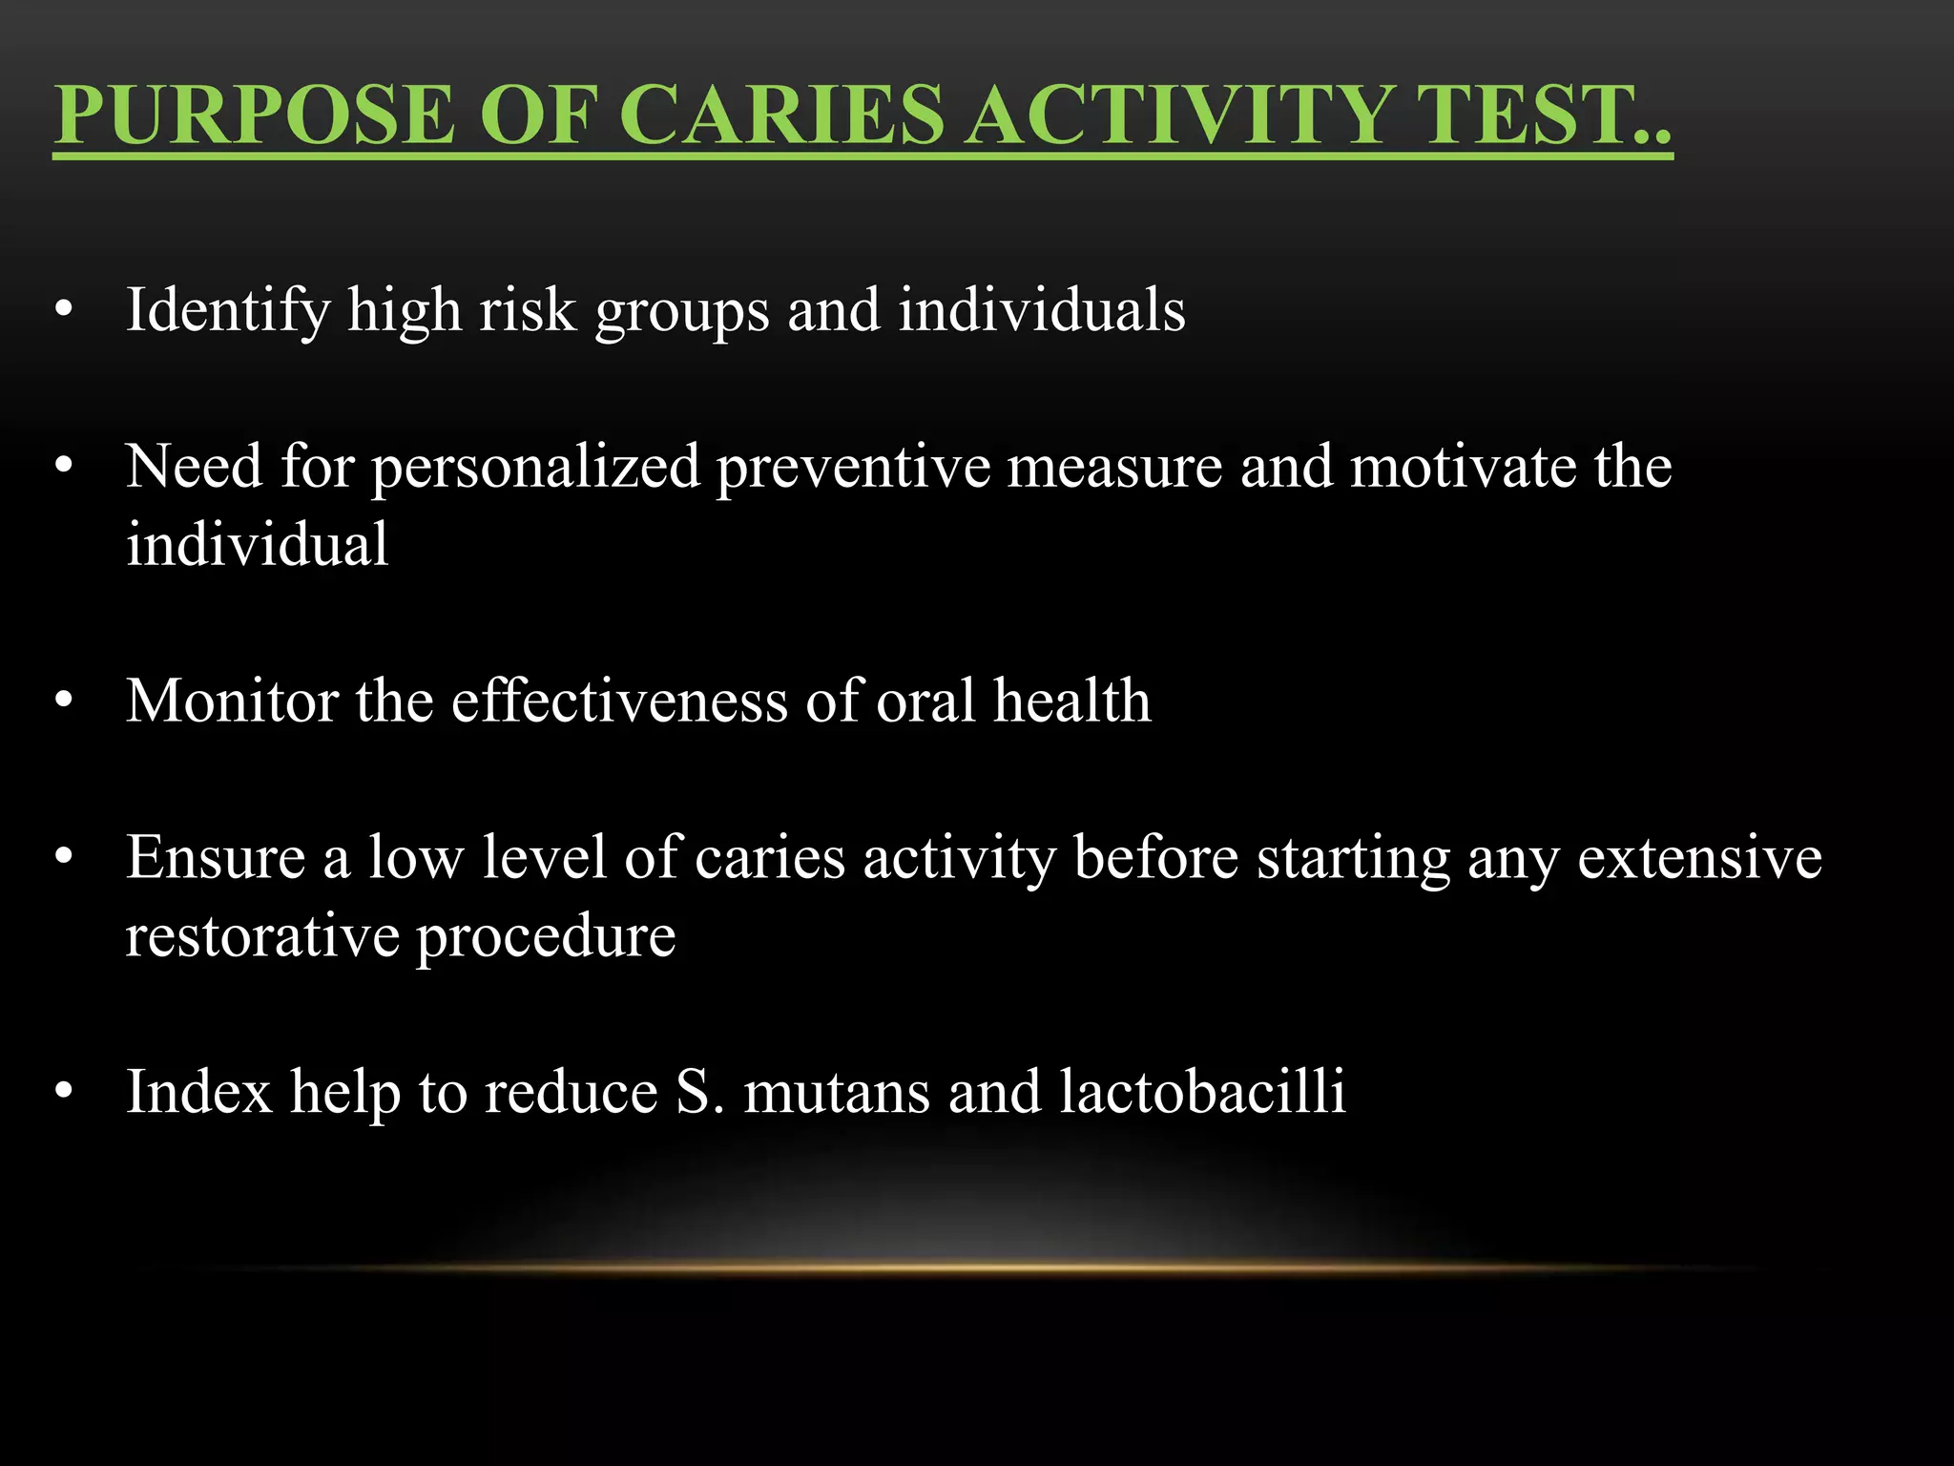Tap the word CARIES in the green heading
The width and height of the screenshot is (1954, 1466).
pyautogui.click(x=784, y=115)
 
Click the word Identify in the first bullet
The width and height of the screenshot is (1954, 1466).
pyautogui.click(x=227, y=311)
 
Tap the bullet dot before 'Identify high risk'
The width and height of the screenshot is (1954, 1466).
pyautogui.click(x=64, y=310)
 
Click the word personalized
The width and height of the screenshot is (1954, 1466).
pyautogui.click(x=535, y=468)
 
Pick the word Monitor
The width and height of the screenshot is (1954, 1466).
pyautogui.click(x=232, y=701)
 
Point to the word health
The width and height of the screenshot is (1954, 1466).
pyautogui.click(x=1071, y=701)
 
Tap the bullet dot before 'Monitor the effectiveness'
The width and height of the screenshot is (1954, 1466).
pyautogui.click(x=64, y=701)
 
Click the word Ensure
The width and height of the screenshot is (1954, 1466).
pyautogui.click(x=215, y=857)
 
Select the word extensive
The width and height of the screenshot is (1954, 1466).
pyautogui.click(x=1699, y=857)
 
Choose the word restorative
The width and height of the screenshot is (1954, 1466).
pyautogui.click(x=262, y=935)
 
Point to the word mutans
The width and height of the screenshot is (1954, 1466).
pyautogui.click(x=836, y=1092)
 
